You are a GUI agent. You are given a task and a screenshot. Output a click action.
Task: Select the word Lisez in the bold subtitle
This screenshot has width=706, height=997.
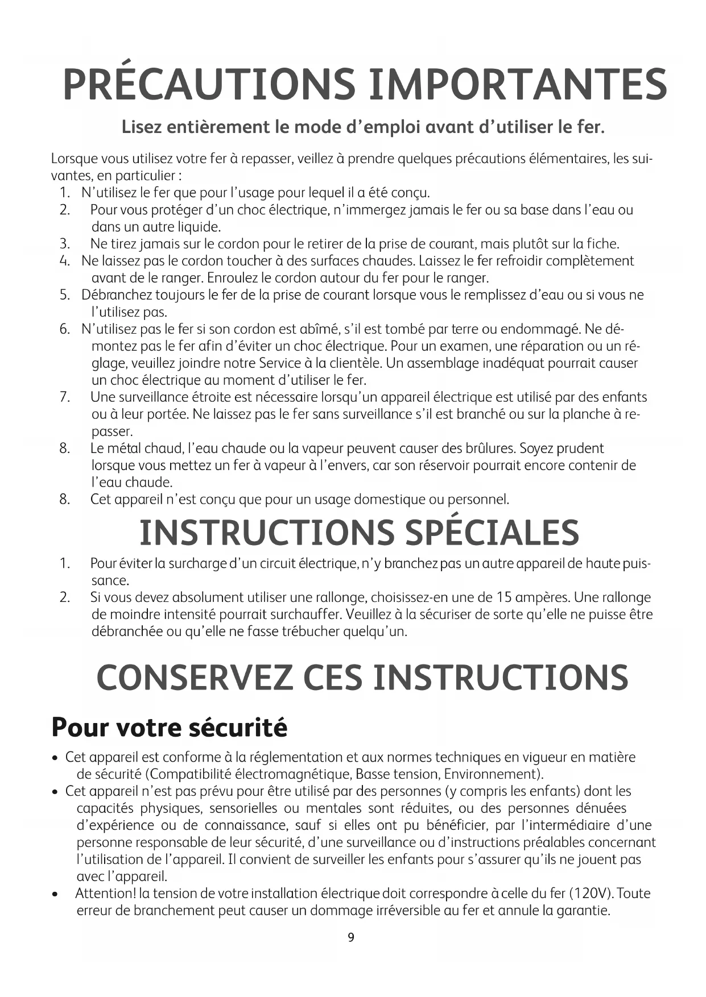pyautogui.click(x=142, y=127)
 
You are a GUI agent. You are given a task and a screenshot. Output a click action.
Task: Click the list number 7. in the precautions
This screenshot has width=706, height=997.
pyautogui.click(x=64, y=397)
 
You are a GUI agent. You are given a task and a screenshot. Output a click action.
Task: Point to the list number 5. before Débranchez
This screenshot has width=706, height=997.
pyautogui.click(x=64, y=295)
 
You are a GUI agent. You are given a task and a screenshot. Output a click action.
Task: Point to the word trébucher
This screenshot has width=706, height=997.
pyautogui.click(x=311, y=632)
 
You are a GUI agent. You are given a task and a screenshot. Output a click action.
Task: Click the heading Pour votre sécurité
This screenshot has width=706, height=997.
pyautogui.click(x=170, y=728)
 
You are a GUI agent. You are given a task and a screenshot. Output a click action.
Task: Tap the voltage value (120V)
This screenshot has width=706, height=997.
pyautogui.click(x=590, y=894)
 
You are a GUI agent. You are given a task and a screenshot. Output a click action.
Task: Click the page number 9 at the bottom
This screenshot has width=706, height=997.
pyautogui.click(x=351, y=937)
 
